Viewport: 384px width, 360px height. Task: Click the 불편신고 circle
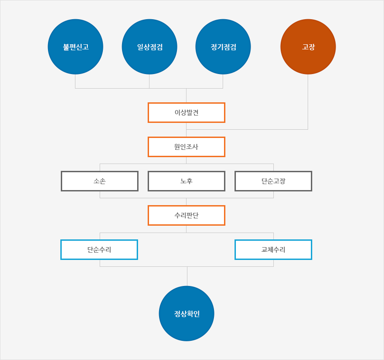[75, 47]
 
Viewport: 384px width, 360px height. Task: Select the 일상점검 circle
[149, 47]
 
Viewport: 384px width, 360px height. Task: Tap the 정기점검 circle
[223, 47]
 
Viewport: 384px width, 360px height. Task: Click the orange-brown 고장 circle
[308, 47]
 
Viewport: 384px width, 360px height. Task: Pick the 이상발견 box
[187, 112]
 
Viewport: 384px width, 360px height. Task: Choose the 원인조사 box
[187, 147]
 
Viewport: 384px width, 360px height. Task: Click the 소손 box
[100, 181]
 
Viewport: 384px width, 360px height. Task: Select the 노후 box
[187, 181]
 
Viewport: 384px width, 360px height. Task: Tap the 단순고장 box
[273, 181]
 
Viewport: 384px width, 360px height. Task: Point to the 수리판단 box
[187, 215]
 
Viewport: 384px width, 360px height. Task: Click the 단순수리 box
[99, 249]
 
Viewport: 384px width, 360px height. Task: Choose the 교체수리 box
[273, 249]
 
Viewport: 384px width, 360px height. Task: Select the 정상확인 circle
[187, 313]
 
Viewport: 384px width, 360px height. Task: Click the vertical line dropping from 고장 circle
[308, 102]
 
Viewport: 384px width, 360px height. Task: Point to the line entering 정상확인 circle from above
[187, 276]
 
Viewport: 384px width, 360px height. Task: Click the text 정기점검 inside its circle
[224, 47]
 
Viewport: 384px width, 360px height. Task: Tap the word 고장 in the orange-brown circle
[308, 47]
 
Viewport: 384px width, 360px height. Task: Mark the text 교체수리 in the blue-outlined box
[273, 249]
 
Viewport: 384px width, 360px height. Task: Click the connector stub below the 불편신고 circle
[75, 81]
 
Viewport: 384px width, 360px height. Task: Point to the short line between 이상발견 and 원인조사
[187, 130]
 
